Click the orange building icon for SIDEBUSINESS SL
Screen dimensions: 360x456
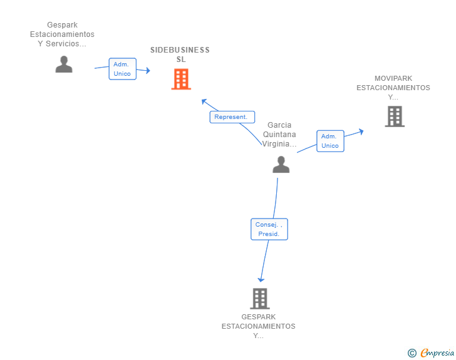coord(181,80)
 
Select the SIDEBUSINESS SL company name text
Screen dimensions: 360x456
coord(180,54)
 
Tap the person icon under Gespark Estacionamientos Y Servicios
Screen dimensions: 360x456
coord(64,64)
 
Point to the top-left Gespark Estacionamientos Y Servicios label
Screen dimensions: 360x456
coord(62,34)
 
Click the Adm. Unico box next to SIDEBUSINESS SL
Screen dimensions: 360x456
coord(122,69)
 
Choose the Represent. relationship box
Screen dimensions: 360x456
coord(232,117)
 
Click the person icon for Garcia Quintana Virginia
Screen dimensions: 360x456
coord(281,164)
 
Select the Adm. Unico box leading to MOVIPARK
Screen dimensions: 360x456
coord(330,141)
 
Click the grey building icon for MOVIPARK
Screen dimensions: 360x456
coord(395,116)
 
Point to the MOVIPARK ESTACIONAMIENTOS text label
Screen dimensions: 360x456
coord(393,88)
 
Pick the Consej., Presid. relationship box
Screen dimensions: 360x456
coord(269,229)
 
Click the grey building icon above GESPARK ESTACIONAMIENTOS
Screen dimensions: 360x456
coord(260,299)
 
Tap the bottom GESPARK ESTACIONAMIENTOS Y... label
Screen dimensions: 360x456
coord(259,326)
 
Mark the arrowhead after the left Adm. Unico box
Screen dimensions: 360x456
coord(148,71)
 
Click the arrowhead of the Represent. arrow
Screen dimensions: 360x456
coord(204,101)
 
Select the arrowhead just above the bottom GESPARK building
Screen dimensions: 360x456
coord(261,280)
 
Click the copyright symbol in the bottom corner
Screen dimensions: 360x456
coord(412,353)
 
